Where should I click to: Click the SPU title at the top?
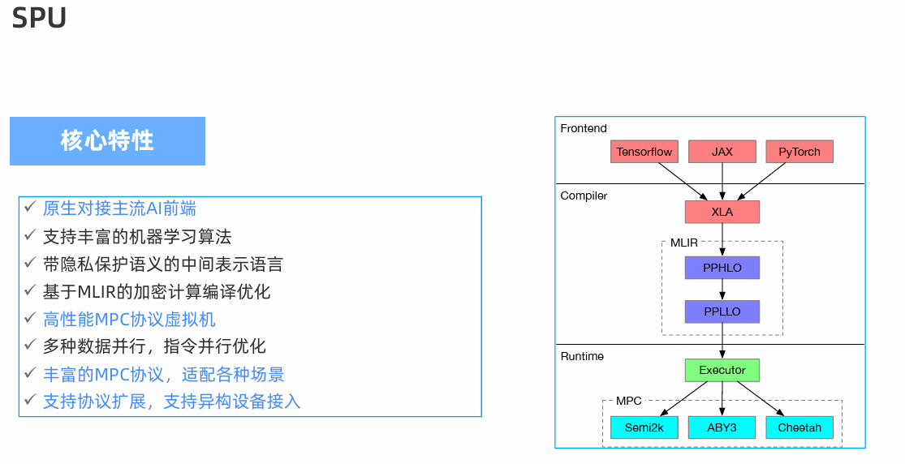pos(39,18)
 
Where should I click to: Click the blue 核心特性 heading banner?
pos(107,141)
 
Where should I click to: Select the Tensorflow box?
pos(644,152)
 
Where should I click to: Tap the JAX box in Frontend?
pos(722,152)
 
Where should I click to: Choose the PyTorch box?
pos(799,152)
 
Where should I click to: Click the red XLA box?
pos(722,212)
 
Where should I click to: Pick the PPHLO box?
pos(722,268)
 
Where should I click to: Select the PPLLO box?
pos(722,311)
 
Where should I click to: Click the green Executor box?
pos(722,371)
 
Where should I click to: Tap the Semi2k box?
pos(644,427)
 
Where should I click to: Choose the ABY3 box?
pos(722,427)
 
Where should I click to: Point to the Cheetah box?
pos(799,427)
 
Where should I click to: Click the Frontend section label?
pos(584,128)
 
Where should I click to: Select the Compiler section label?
pos(584,195)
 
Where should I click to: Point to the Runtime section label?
pos(582,356)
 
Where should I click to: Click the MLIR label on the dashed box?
pos(683,243)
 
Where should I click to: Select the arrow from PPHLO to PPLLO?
pos(722,290)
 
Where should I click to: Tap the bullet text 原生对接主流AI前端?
pos(119,208)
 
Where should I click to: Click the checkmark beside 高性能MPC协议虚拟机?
pos(29,318)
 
